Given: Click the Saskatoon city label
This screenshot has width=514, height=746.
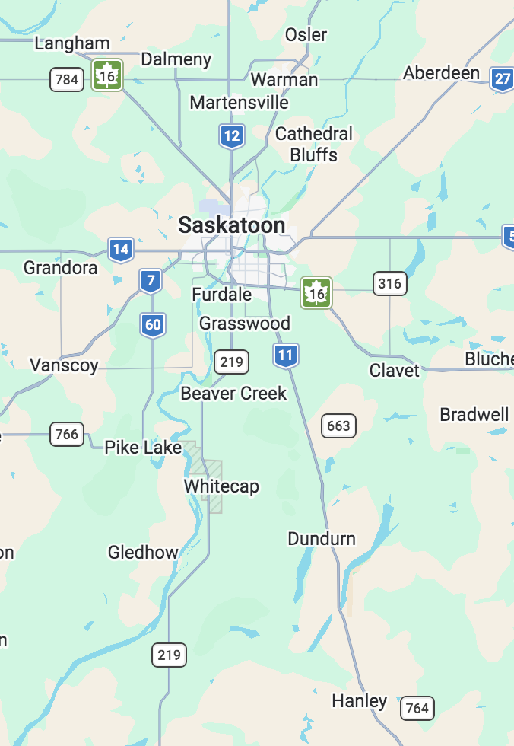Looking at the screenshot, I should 232,225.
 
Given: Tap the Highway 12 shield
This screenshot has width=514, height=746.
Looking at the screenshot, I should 232,136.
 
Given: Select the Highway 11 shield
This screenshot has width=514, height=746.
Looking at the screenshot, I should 285,355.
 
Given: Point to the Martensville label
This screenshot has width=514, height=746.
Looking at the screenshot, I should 239,102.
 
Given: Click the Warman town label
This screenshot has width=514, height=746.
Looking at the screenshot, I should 284,79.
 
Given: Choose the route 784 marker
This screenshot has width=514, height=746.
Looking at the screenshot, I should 67,79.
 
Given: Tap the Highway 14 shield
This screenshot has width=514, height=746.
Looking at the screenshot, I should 120,249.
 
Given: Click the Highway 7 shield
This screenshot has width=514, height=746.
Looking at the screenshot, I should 151,281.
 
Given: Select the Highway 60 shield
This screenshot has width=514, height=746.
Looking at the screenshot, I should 153,325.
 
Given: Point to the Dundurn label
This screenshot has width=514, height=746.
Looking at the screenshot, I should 322,539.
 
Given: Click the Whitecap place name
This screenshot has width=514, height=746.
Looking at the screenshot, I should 221,486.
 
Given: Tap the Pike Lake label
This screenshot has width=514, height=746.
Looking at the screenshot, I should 143,447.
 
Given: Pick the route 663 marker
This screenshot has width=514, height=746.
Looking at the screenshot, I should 338,426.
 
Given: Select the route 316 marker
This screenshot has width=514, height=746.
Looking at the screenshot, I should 389,284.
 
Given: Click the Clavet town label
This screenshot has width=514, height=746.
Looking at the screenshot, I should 395,370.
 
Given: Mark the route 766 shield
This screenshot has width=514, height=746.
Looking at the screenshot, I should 67,434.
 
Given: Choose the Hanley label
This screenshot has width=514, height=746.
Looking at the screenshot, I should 360,701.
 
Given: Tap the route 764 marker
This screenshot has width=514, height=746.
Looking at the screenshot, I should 417,708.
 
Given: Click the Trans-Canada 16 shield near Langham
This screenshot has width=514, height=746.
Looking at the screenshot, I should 107,75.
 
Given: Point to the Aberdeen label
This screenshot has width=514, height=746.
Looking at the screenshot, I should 442,73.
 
